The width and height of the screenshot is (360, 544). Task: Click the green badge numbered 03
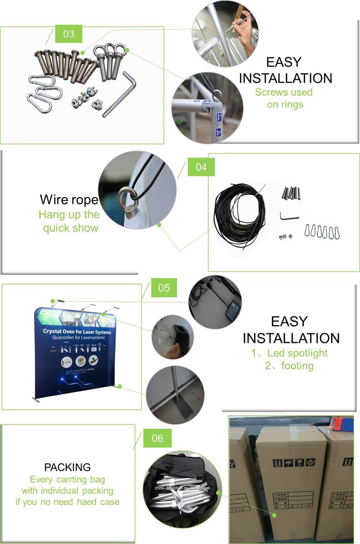[69, 34]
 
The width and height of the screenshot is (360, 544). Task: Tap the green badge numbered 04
[201, 167]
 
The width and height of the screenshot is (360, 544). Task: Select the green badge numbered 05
[164, 287]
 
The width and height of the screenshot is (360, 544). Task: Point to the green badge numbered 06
[157, 438]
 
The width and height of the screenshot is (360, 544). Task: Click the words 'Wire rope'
[69, 200]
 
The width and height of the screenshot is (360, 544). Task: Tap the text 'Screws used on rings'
[283, 98]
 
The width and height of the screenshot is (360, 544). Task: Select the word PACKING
[67, 467]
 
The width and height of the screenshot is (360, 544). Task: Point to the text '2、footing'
[289, 366]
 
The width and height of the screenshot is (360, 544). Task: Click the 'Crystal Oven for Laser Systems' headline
[77, 331]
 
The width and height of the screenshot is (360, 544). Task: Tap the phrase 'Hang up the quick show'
[70, 221]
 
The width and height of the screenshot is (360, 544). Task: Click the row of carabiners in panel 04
[322, 232]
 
